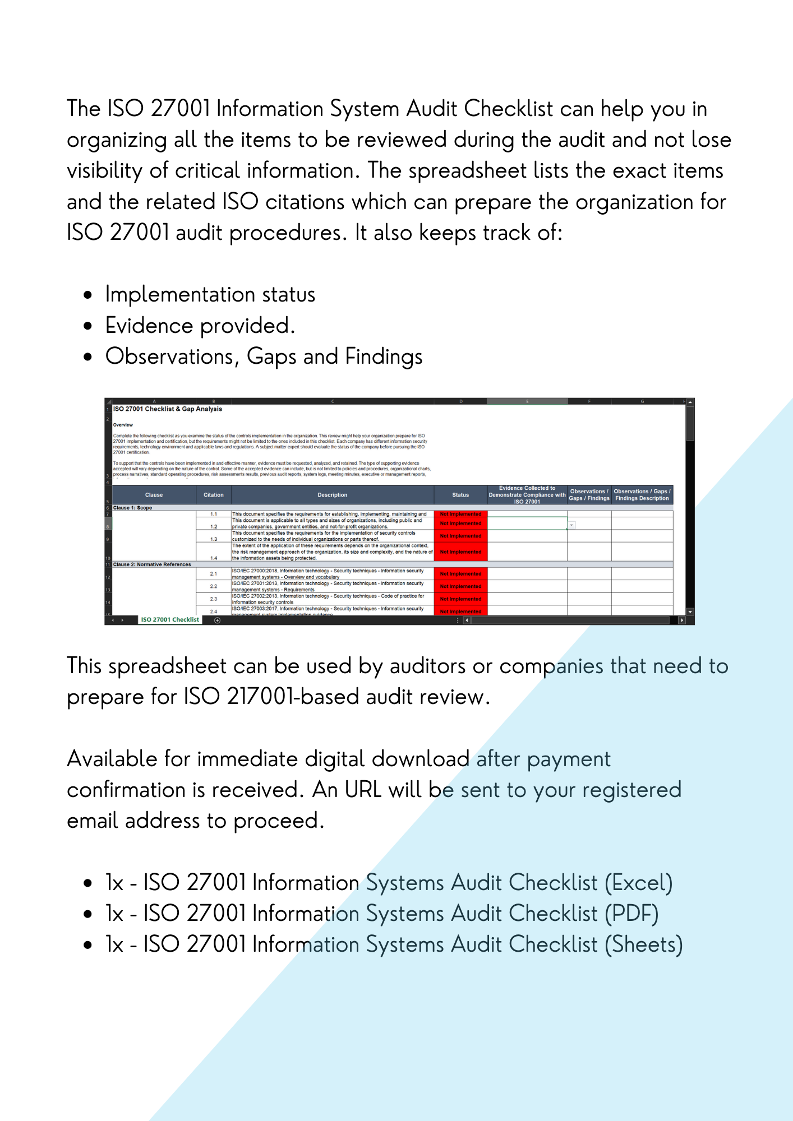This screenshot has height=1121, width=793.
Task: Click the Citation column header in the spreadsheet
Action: coord(213,495)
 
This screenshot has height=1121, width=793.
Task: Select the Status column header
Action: coord(460,495)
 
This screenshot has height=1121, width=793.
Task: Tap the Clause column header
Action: coord(154,495)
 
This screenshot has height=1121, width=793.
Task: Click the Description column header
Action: coord(332,495)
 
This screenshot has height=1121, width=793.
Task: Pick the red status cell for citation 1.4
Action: coord(460,552)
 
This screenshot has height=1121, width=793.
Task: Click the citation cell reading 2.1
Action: coord(213,574)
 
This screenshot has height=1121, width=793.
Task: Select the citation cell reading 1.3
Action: coord(213,539)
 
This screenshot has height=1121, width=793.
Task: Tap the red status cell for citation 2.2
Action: coord(460,586)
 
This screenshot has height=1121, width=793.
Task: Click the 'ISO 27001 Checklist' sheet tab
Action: coord(169,620)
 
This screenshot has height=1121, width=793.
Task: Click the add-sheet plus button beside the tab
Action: coord(218,620)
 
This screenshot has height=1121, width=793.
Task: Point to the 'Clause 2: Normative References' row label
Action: coord(152,564)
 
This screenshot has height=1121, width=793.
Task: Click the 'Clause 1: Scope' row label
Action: coord(132,508)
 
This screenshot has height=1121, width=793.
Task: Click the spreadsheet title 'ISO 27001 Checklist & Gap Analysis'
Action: coord(168,409)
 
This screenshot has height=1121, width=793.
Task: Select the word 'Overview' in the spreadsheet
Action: coord(123,425)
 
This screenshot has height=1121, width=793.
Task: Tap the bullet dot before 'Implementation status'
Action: coord(87,295)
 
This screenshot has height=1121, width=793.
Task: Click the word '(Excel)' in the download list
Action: coord(638,883)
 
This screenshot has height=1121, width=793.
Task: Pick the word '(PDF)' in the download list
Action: coord(631,914)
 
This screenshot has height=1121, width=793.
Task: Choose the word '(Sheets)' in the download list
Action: coord(643,944)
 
